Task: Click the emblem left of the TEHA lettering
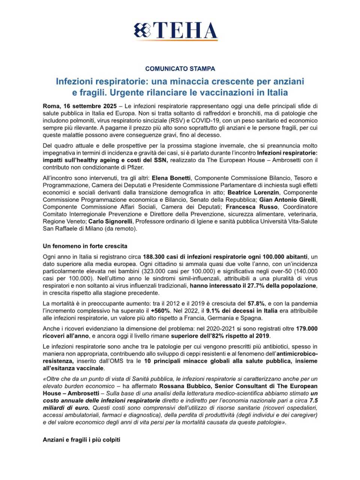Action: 143,30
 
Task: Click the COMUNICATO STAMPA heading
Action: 180,69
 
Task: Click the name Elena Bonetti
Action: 171,178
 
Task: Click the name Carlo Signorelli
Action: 111,221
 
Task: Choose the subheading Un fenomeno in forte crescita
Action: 85,246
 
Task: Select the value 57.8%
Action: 256,303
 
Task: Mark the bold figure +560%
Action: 160,311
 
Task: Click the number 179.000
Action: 307,328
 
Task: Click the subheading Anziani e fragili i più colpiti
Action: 81,439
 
